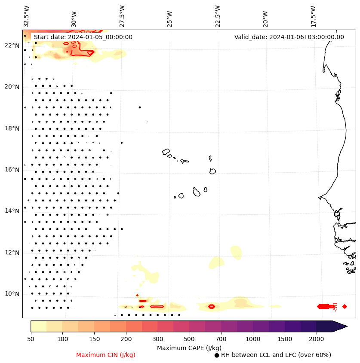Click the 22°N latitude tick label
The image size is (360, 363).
pyautogui.click(x=12, y=46)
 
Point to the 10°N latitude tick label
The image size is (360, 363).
pyautogui.click(x=12, y=294)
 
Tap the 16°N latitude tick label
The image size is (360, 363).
pyautogui.click(x=12, y=170)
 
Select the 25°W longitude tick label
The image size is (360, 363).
pyautogui.click(x=169, y=16)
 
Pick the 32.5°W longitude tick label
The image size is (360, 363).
pyautogui.click(x=26, y=16)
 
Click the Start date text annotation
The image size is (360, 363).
pyautogui.click(x=83, y=37)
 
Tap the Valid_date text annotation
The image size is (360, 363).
pyautogui.click(x=289, y=37)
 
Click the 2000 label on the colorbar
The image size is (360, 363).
pyautogui.click(x=317, y=339)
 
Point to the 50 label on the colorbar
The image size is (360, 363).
pyautogui.click(x=31, y=339)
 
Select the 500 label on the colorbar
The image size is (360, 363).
pyautogui.click(x=189, y=339)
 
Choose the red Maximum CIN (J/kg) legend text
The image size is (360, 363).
pyautogui.click(x=106, y=355)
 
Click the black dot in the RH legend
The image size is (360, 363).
pyautogui.click(x=217, y=355)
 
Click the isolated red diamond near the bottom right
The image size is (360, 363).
pyautogui.click(x=345, y=306)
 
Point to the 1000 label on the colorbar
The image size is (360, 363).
pyautogui.click(x=253, y=339)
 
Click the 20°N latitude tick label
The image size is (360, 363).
pyautogui.click(x=12, y=87)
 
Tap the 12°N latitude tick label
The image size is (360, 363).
pyautogui.click(x=12, y=252)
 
